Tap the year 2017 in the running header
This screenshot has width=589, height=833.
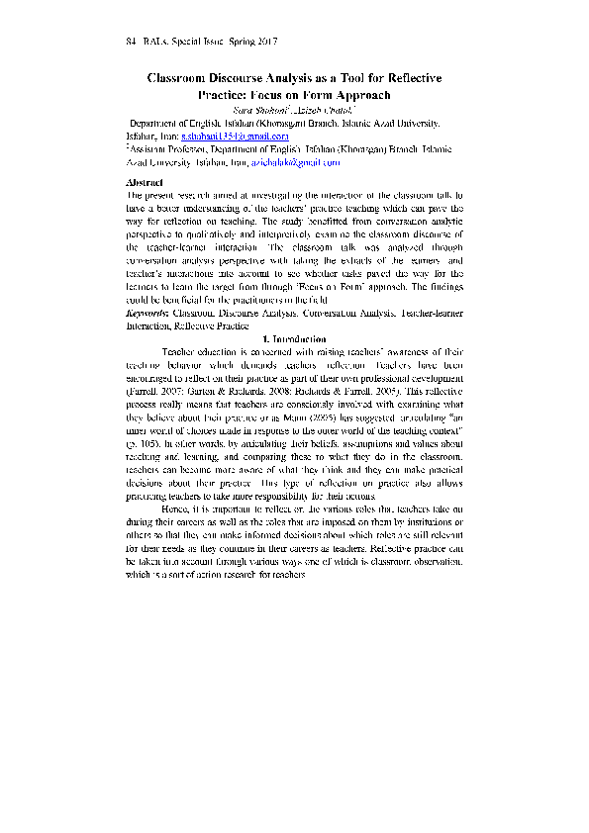click(x=266, y=42)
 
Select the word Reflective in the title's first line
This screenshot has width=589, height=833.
click(x=409, y=77)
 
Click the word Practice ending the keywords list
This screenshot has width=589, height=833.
click(x=228, y=324)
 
